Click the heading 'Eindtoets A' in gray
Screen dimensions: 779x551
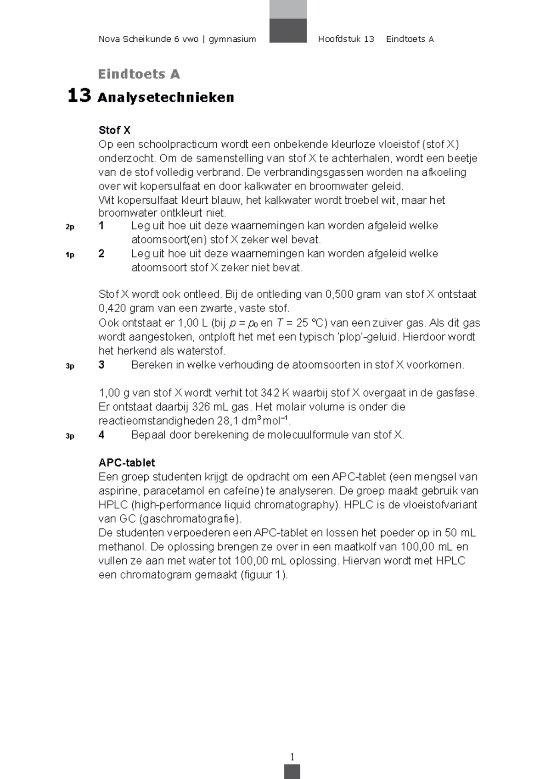139,74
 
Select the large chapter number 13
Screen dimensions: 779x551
79,95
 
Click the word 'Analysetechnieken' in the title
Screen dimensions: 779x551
166,97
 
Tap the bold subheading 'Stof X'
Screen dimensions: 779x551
114,130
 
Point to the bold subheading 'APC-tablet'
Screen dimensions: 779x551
127,462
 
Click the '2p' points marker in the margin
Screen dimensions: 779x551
70,227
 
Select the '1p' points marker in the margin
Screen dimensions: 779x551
70,255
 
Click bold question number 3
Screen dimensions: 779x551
101,365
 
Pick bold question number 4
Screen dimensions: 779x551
101,434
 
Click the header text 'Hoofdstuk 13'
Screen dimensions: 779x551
346,39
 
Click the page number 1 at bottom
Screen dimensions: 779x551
292,757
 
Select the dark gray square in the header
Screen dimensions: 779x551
288,30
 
